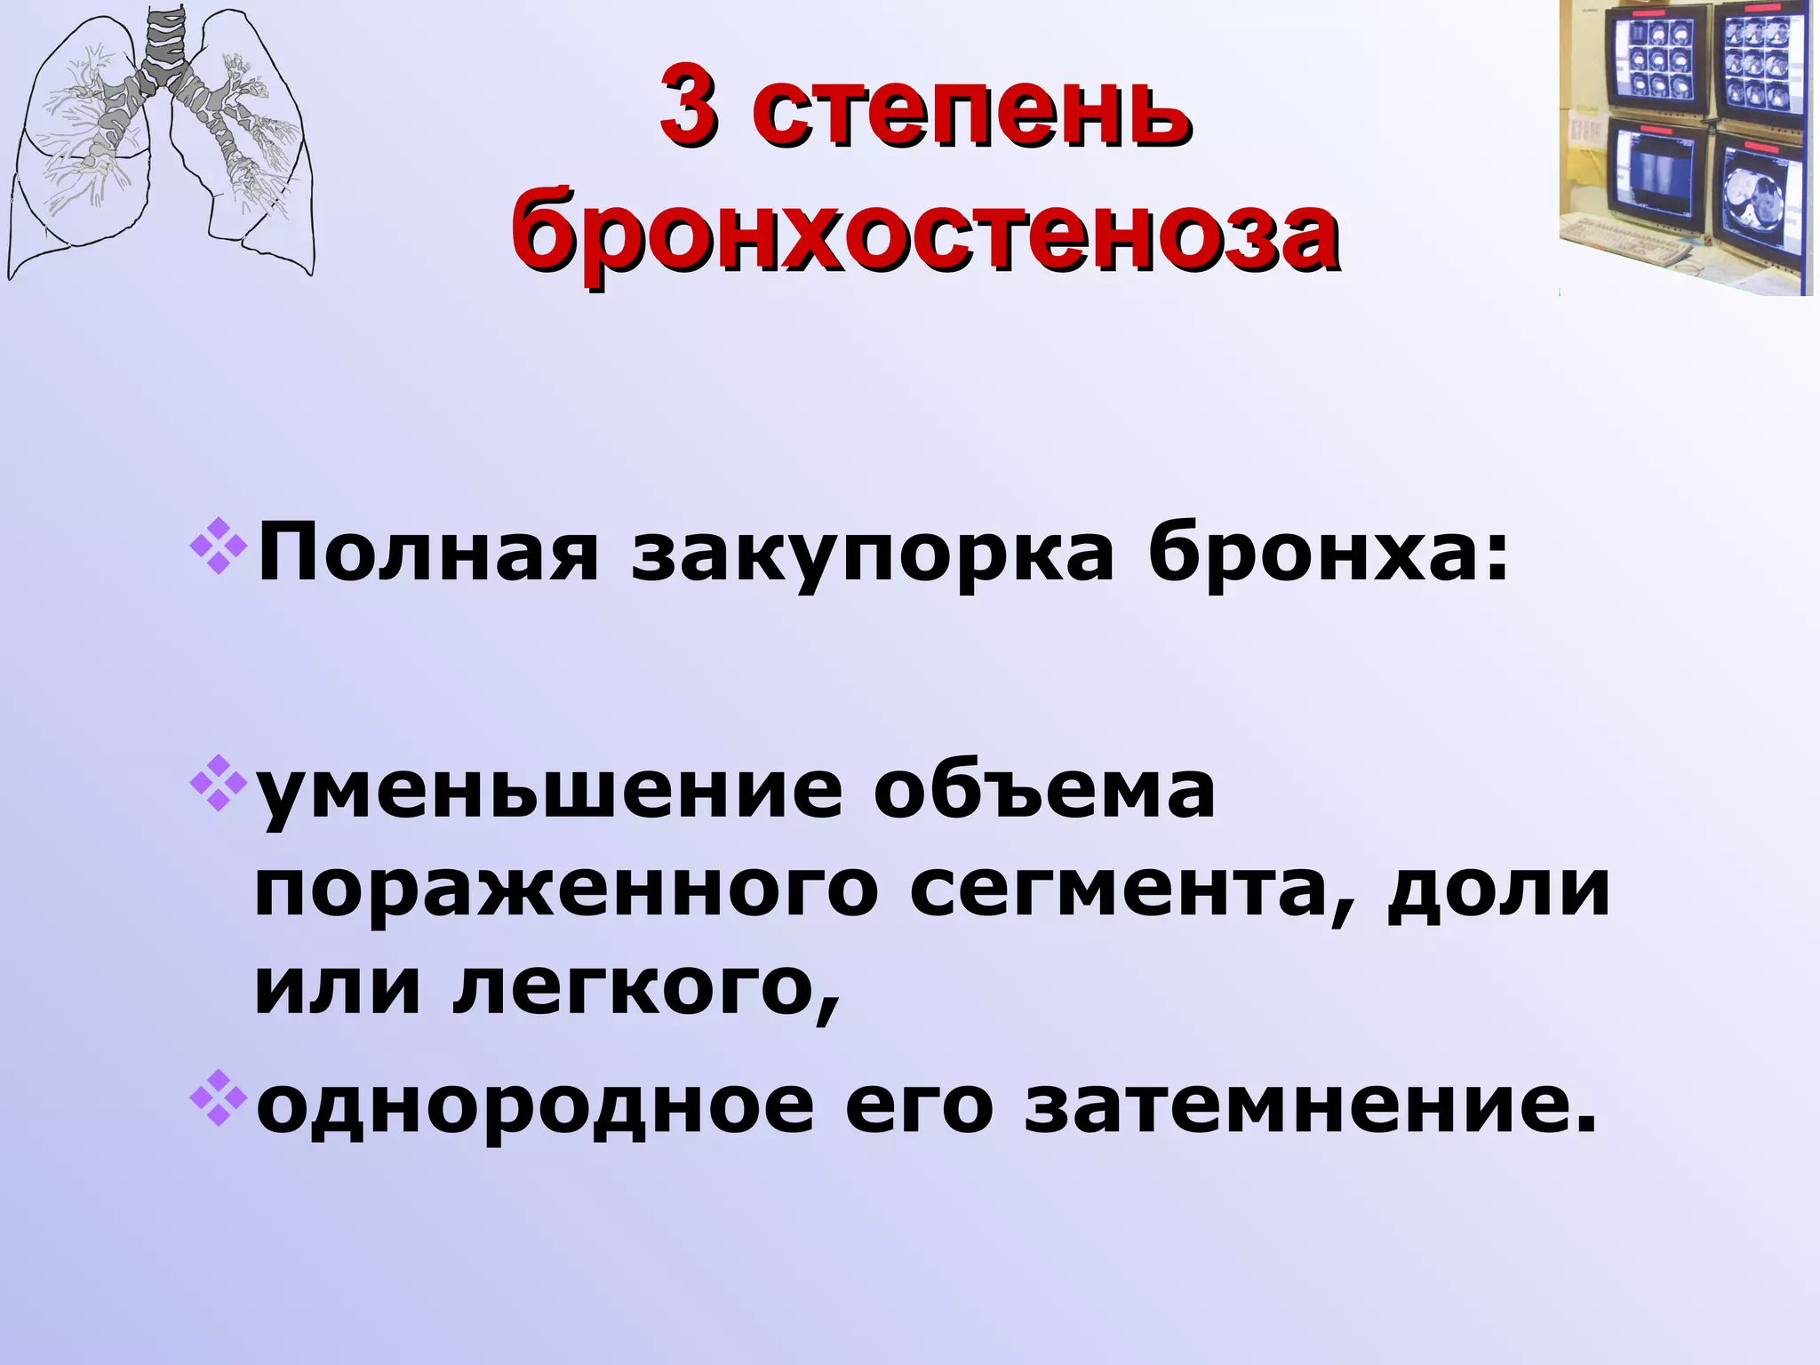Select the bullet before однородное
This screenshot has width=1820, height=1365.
click(x=216, y=1103)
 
